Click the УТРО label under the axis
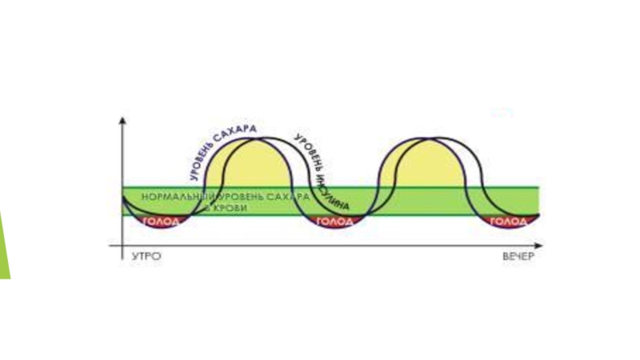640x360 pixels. [x=144, y=258]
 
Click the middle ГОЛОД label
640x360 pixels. [x=334, y=222]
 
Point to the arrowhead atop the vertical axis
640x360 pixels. [x=122, y=121]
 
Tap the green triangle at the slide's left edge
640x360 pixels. [x=5, y=244]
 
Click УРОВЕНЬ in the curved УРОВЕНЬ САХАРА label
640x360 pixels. [x=194, y=164]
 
